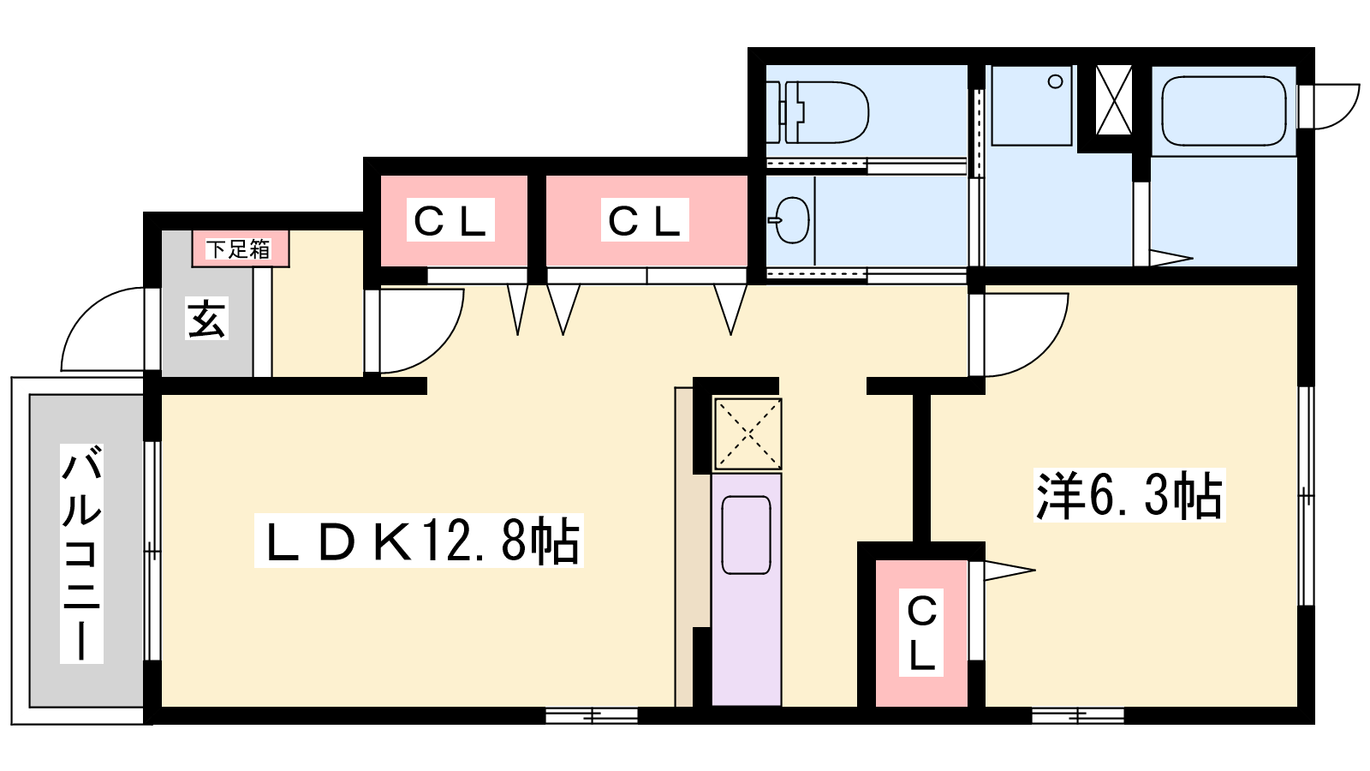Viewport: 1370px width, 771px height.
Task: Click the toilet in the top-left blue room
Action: tap(817, 112)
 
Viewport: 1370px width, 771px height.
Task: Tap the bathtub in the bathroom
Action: tap(1224, 111)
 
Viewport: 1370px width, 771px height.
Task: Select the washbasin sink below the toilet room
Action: tap(790, 220)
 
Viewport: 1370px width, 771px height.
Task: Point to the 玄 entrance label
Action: tap(206, 318)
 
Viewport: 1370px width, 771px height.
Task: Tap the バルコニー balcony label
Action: tap(81, 553)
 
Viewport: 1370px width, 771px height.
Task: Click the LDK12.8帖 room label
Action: tap(420, 541)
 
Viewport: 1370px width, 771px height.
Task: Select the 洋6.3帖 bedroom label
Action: tap(1129, 495)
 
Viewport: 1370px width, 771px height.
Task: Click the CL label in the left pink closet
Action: tap(450, 219)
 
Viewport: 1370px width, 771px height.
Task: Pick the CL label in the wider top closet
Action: tap(645, 219)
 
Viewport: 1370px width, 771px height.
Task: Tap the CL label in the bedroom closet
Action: tap(921, 633)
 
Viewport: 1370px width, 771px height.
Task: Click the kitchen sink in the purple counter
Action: tap(746, 535)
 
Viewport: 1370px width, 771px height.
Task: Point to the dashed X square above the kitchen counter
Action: tap(748, 433)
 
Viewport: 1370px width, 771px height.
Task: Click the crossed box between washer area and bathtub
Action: tap(1114, 100)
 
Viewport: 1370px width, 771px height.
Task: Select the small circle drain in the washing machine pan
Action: tap(1055, 81)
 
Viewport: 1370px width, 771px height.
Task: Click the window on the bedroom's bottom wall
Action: tap(1078, 714)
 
